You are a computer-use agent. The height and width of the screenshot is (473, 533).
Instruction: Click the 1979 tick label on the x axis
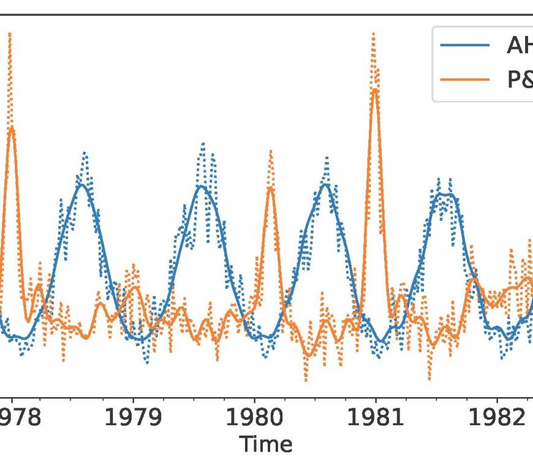pos(134,418)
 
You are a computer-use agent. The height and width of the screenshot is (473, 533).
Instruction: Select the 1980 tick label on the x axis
pos(255,418)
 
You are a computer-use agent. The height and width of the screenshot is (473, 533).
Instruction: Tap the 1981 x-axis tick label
pos(375,418)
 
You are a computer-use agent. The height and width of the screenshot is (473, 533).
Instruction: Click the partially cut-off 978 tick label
pos(21,418)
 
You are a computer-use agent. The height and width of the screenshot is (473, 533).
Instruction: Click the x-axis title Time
pos(265,444)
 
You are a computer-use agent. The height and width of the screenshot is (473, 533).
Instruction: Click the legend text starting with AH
pos(518,45)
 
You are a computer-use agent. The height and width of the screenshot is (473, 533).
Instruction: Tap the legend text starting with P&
pos(518,80)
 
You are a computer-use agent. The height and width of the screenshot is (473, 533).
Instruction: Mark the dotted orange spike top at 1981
pos(373,34)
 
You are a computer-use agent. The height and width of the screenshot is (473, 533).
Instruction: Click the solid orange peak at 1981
pos(374,89)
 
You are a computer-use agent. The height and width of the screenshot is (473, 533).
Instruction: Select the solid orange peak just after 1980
pos(270,187)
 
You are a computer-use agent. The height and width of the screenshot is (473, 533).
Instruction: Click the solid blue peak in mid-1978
pos(81,184)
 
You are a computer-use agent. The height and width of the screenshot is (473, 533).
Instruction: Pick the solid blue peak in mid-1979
pos(202,185)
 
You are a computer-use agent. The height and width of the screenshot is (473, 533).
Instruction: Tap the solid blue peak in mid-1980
pos(326,184)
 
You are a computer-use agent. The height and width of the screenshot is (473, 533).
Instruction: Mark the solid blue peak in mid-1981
pos(445,195)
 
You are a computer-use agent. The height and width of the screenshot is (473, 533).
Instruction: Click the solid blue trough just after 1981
pos(381,341)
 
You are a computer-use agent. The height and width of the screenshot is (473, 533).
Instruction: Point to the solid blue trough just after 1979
pos(141,340)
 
